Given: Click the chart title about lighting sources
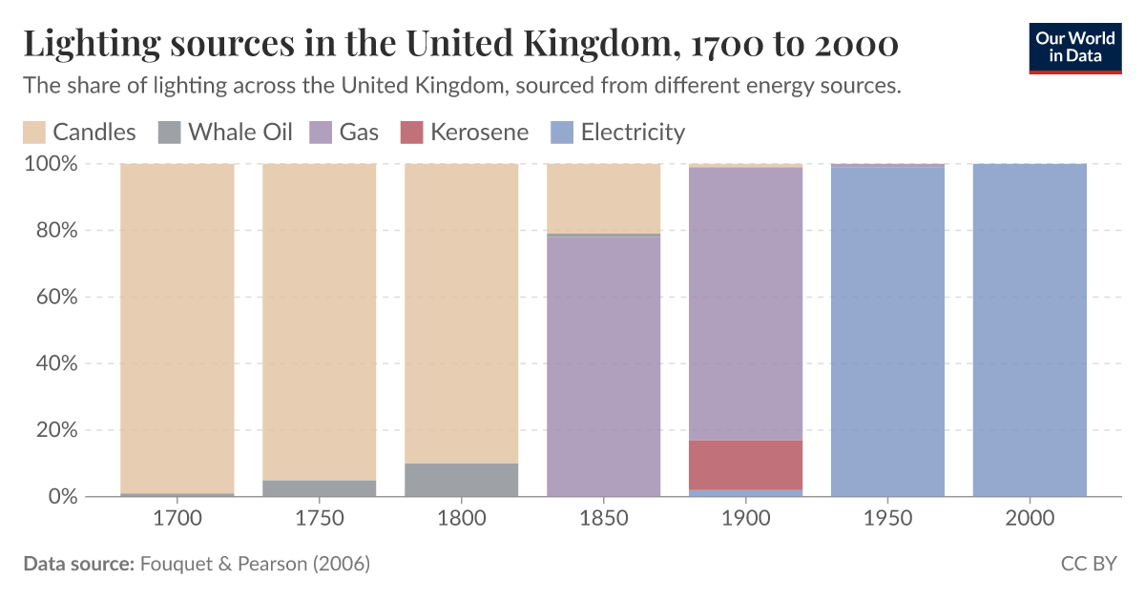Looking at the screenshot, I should [x=460, y=44].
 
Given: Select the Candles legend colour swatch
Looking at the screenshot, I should [x=34, y=133].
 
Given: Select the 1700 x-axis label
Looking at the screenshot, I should [x=177, y=520].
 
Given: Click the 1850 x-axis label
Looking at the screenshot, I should [x=604, y=520].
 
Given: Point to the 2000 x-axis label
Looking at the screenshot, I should [x=1030, y=520].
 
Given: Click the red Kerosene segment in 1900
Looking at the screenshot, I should [x=746, y=464].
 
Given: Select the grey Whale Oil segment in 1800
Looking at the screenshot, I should [x=462, y=480].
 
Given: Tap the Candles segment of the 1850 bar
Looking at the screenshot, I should [x=604, y=197].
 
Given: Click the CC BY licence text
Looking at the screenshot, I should [x=1088, y=564].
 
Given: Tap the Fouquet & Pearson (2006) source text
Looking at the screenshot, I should [x=255, y=564].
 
